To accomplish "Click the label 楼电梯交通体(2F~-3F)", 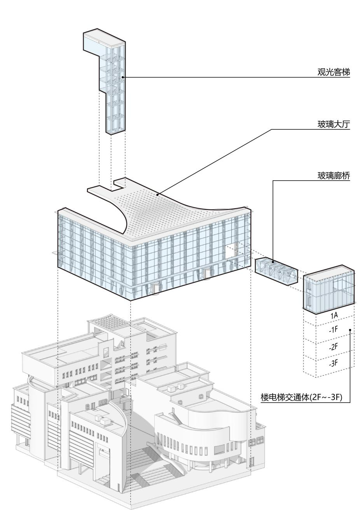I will [x=305, y=397].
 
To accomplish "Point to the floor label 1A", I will [x=334, y=316].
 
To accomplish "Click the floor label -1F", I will [x=333, y=330].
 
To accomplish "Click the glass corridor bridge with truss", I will [x=276, y=270].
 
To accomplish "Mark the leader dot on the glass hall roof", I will [x=157, y=194].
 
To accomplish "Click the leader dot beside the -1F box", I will [x=350, y=331].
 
